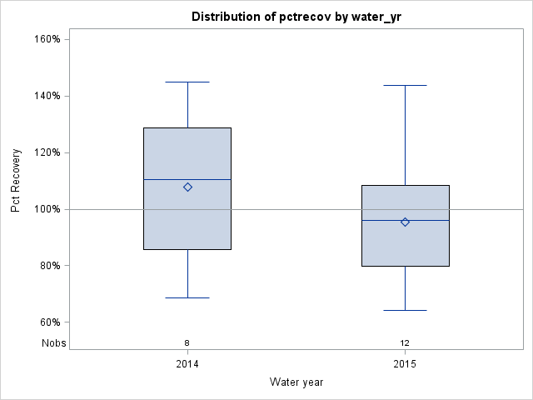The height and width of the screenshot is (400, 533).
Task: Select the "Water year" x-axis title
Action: pyautogui.click(x=296, y=382)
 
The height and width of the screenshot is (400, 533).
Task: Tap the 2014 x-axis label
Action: pyautogui.click(x=187, y=365)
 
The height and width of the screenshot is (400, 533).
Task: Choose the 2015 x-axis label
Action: pyautogui.click(x=405, y=365)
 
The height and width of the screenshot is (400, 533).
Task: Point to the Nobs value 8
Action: pyautogui.click(x=187, y=343)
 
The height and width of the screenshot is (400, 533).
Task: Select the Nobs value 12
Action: pyautogui.click(x=405, y=343)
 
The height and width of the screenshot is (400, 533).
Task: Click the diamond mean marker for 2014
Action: pyautogui.click(x=187, y=187)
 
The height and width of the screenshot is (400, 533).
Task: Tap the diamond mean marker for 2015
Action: pyautogui.click(x=405, y=222)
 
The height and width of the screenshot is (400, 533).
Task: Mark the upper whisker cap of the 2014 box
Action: pyautogui.click(x=187, y=82)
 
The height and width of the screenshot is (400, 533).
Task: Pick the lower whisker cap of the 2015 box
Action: pyautogui.click(x=405, y=310)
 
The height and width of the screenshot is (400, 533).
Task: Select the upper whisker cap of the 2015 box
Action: pyautogui.click(x=405, y=85)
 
